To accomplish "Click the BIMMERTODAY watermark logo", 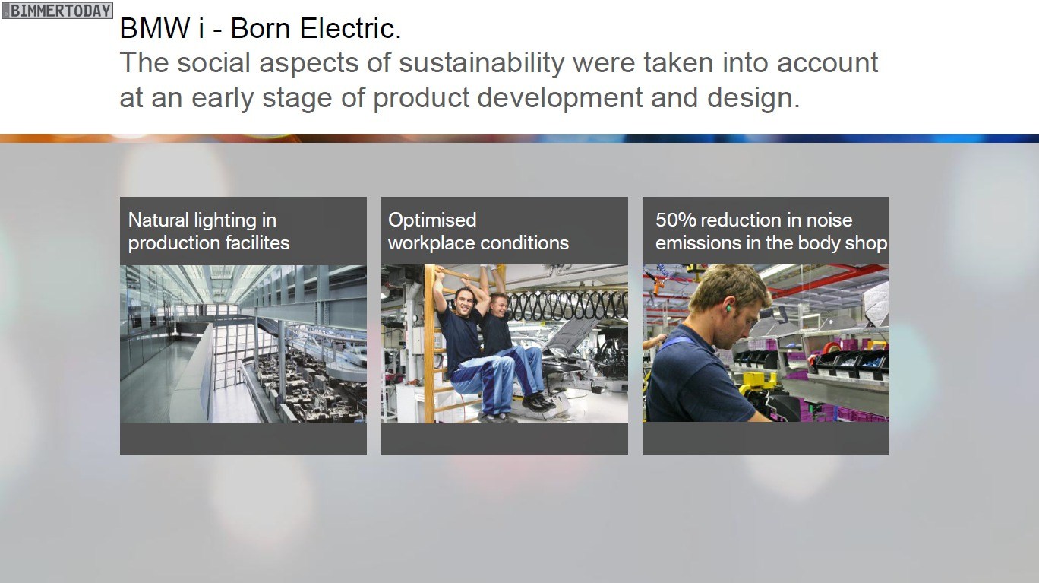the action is [57, 10].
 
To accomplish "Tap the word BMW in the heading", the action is [155, 28].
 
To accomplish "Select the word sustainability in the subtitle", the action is [482, 64].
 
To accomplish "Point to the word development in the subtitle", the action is [560, 98].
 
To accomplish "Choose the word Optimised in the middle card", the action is [432, 220].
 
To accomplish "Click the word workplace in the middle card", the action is [431, 243].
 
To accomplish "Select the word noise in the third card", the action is [829, 220].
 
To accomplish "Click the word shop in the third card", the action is [868, 243].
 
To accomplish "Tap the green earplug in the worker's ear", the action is [728, 308].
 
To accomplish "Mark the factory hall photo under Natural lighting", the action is [243, 344].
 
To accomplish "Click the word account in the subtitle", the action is [828, 63].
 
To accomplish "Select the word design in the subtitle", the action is [753, 98].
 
